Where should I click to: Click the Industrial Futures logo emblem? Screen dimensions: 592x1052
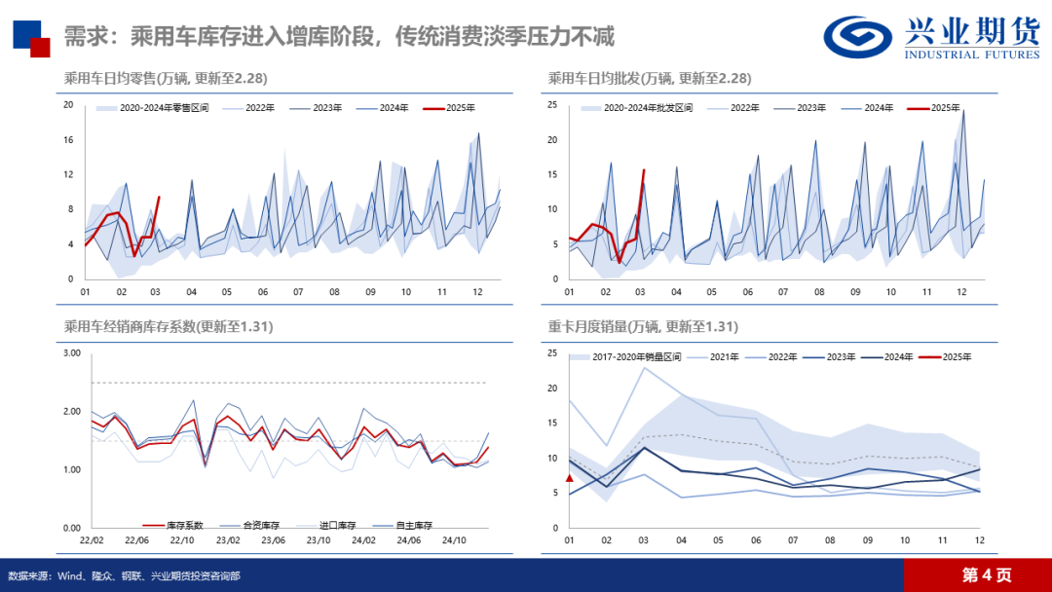pyautogui.click(x=858, y=37)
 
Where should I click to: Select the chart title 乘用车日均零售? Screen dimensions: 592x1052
pyautogui.click(x=166, y=78)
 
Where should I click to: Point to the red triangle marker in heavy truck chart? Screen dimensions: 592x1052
pyautogui.click(x=570, y=478)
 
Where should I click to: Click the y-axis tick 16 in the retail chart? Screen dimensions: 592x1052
pyautogui.click(x=68, y=139)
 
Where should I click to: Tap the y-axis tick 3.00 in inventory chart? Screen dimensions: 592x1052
pyautogui.click(x=71, y=353)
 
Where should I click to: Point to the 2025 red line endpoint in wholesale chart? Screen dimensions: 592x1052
pyautogui.click(x=643, y=170)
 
